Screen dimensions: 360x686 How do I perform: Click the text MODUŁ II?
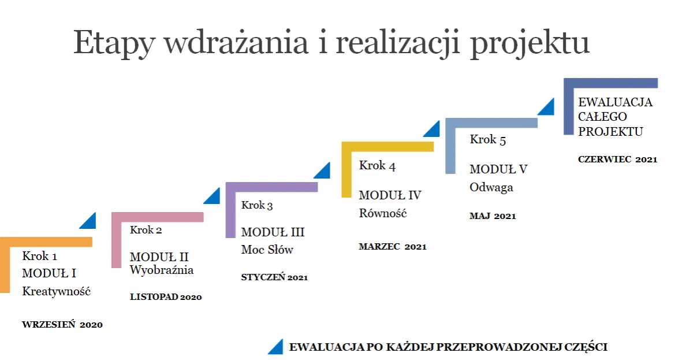point(159,257)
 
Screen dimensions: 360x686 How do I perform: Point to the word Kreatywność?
point(57,291)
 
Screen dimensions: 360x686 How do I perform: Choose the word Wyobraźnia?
point(162,270)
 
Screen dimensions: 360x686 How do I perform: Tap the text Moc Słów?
point(267,250)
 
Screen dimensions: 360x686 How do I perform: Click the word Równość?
point(383,213)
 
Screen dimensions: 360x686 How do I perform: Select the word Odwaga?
point(491,187)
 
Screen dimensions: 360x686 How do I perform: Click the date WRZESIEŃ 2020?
point(62,325)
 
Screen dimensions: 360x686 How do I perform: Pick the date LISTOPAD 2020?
point(166,297)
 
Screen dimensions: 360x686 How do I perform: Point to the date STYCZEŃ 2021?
point(274,277)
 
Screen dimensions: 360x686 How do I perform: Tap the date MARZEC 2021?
point(393,247)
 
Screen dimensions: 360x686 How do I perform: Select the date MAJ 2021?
point(493,216)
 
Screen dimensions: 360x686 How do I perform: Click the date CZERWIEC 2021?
point(617,159)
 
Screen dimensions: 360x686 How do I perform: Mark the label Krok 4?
point(377,166)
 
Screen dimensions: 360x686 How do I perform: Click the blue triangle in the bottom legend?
point(275,346)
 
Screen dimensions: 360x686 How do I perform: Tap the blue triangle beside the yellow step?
point(431,129)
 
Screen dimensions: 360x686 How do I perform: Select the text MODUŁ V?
point(498,169)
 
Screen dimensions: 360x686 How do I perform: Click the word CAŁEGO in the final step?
point(603,117)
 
